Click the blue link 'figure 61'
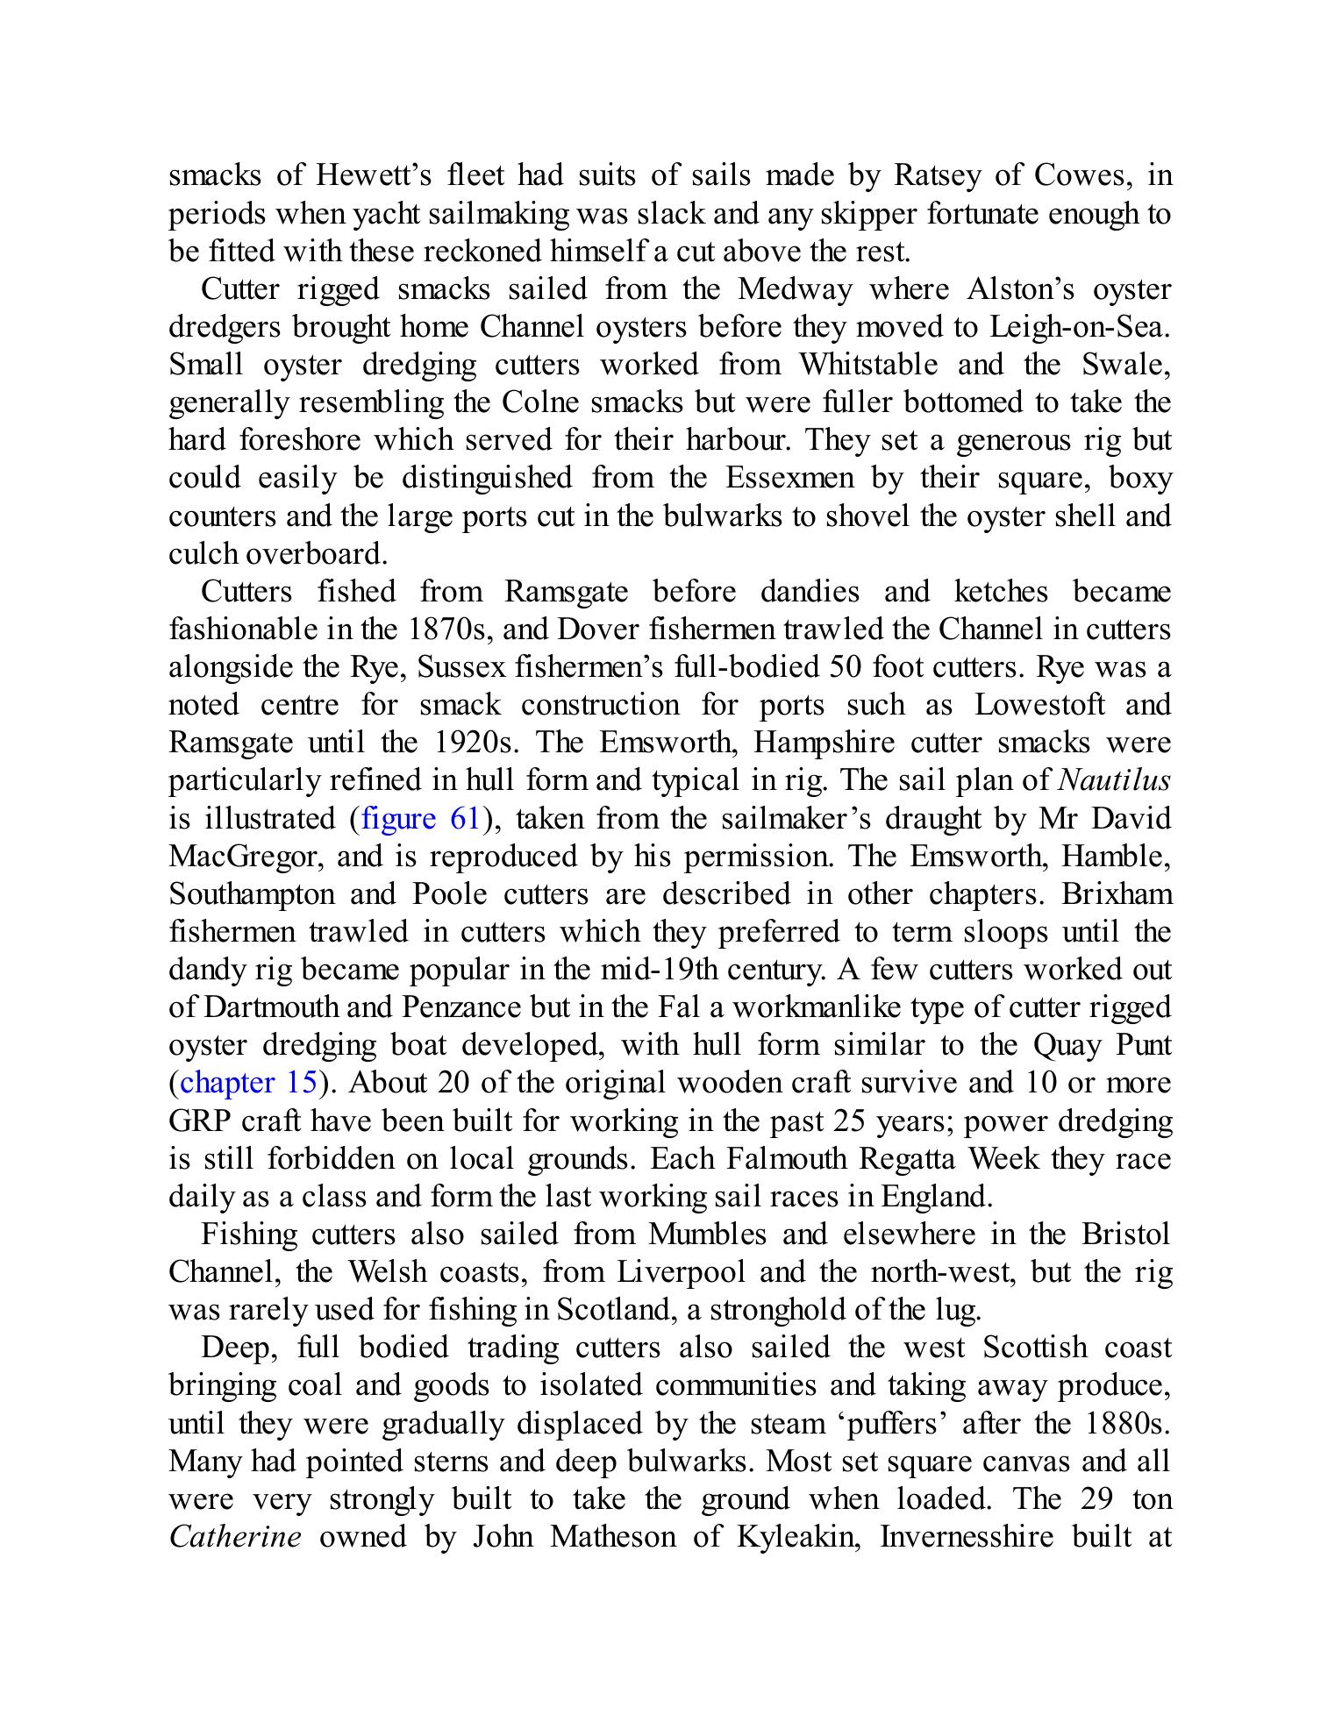(420, 819)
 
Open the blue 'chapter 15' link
(248, 1083)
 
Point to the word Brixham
(1117, 894)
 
